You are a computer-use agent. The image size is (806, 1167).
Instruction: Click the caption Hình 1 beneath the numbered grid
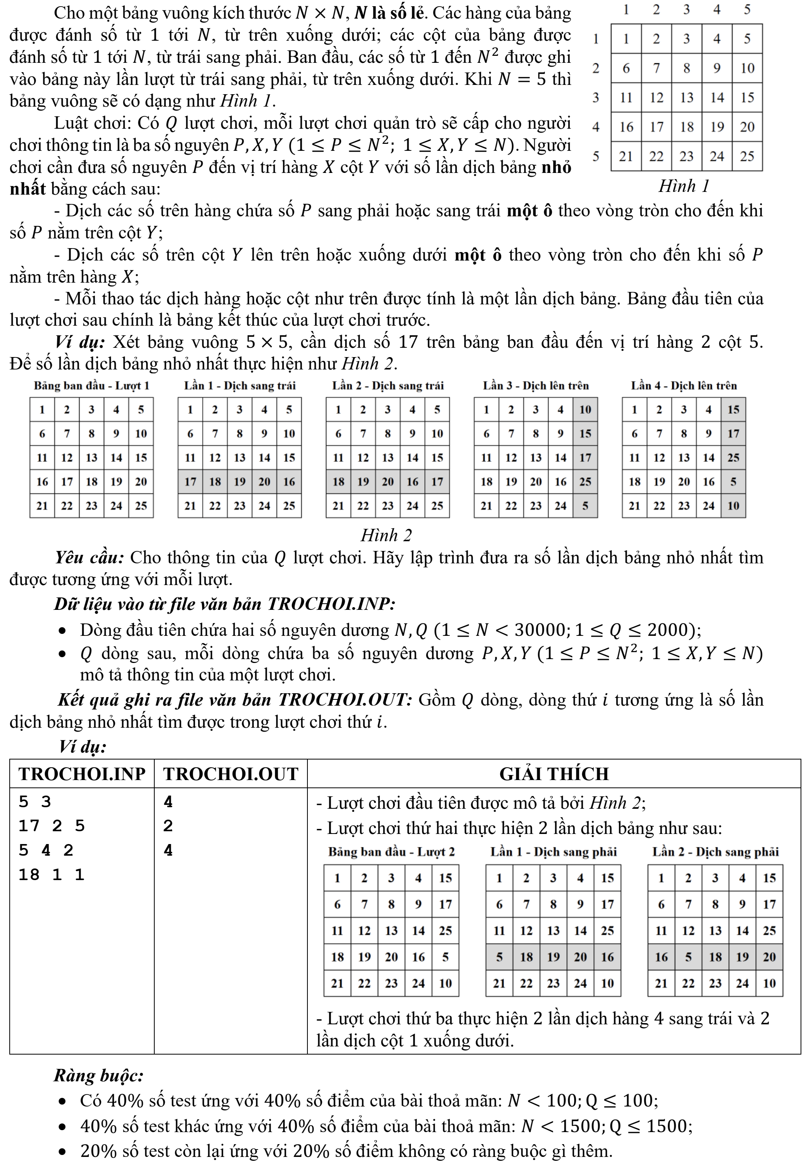[684, 186]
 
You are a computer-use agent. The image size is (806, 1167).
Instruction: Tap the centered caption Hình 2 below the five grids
[387, 535]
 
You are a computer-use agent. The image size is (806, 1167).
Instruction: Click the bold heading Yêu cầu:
[90, 558]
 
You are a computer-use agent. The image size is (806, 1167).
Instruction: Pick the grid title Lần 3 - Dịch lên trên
[535, 386]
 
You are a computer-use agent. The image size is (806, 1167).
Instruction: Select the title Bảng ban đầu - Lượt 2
[392, 852]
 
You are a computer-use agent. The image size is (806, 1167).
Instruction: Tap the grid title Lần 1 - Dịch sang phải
[554, 852]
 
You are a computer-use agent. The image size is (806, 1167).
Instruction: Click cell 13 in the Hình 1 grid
[686, 97]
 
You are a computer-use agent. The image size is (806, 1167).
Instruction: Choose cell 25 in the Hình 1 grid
[747, 157]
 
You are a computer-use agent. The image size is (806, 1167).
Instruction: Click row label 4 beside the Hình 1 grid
[596, 127]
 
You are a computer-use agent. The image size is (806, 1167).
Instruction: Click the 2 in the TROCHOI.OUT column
[168, 826]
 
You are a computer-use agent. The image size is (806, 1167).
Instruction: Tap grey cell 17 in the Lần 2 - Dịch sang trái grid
[437, 482]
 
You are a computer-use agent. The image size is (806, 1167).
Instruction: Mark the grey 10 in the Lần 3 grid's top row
[585, 409]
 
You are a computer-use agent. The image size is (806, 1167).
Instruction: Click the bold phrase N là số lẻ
[388, 13]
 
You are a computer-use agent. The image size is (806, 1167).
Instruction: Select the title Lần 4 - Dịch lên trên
[684, 386]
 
